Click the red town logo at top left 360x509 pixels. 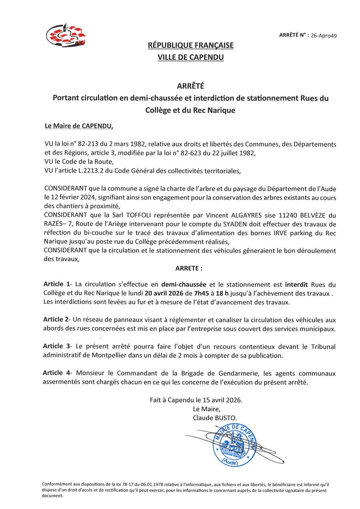point(66,35)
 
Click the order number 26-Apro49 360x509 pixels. point(324,35)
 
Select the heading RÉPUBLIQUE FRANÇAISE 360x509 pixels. point(191,46)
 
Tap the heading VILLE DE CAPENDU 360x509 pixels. point(191,58)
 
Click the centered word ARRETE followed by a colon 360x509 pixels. point(189,268)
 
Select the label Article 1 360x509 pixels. point(57,284)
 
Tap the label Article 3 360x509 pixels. point(57,346)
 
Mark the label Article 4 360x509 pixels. point(57,373)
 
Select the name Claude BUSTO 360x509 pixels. point(218,418)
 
